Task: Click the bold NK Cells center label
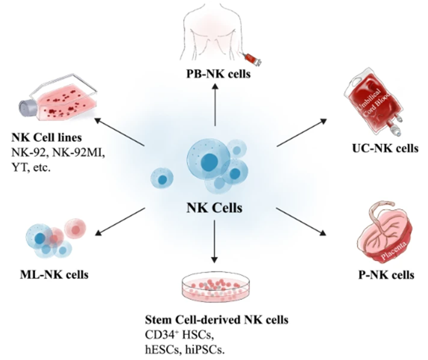tap(215, 208)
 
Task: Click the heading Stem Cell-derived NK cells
tap(216, 319)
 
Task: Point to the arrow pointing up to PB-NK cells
tap(215, 105)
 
